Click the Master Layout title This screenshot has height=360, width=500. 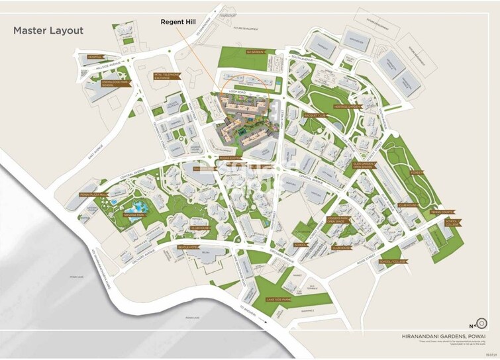48,30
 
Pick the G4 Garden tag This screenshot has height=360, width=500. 255,51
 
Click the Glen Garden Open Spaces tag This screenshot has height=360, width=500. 365,165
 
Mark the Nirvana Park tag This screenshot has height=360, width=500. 133,214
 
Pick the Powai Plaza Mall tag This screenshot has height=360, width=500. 94,195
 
